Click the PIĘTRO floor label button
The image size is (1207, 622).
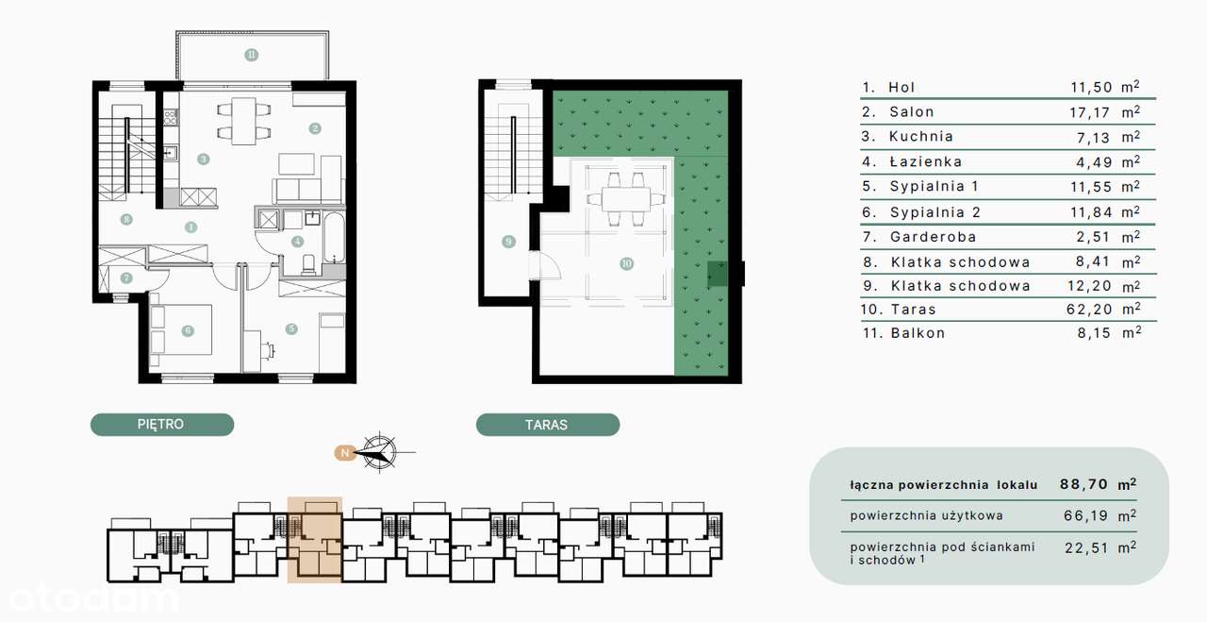click(162, 425)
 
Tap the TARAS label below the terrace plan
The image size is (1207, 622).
click(548, 425)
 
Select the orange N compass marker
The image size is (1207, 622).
click(344, 453)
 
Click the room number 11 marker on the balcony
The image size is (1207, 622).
click(252, 55)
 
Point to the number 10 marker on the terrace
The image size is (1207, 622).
click(626, 263)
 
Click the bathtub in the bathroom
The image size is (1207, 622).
click(335, 237)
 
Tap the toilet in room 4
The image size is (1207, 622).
click(309, 265)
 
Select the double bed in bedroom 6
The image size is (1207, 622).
click(180, 330)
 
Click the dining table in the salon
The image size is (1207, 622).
click(244, 122)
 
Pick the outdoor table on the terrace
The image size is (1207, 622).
click(626, 199)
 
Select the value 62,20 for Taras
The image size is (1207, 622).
click(1089, 309)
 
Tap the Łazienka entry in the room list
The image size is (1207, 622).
click(926, 161)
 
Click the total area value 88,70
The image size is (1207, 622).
click(1083, 484)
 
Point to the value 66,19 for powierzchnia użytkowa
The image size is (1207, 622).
click(1085, 515)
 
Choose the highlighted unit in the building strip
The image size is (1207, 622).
click(315, 540)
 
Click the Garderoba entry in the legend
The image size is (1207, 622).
click(933, 237)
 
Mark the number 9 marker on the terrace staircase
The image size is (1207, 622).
click(508, 242)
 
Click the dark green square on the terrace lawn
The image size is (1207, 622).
click(718, 274)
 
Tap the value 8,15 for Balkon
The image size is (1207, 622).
click(1094, 333)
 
